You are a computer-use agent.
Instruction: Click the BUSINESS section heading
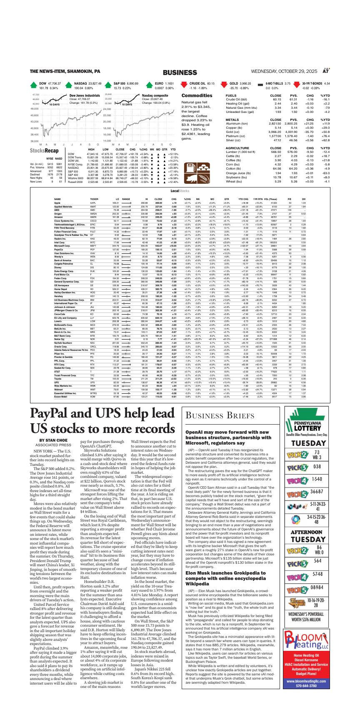pyautogui.click(x=180, y=72)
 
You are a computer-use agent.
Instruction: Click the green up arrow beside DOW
pyautogui.click(x=33, y=86)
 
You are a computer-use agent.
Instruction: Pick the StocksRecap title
pyautogui.click(x=44, y=150)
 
